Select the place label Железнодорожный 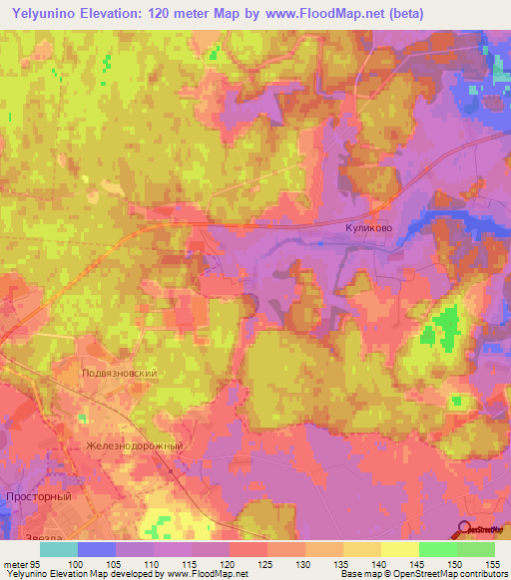click(135, 445)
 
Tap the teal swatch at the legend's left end click(59, 549)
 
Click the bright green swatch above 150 click(438, 549)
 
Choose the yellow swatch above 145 click(400, 549)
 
